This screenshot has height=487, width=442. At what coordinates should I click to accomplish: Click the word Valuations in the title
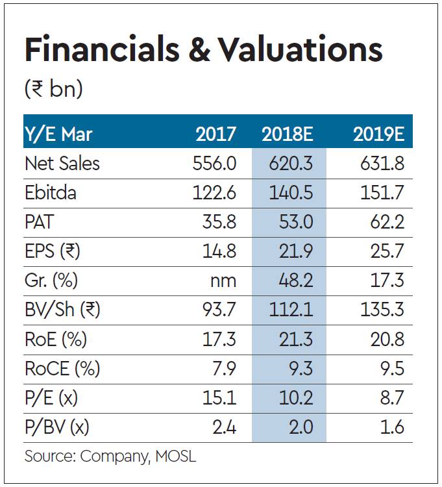coord(301,51)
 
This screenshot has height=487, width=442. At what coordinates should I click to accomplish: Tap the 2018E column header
coord(288,134)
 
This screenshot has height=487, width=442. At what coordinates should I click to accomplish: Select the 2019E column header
coord(379,134)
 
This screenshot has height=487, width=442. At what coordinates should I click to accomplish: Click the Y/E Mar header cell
coord(58,134)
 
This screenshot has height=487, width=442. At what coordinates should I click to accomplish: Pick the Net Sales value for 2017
coord(215,163)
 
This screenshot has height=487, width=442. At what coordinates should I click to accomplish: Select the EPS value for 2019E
coord(387,252)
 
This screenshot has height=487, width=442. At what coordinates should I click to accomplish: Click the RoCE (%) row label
coord(62,369)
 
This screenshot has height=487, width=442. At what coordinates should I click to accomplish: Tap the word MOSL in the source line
coord(175,456)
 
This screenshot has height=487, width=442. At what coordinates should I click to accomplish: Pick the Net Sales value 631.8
coord(382,163)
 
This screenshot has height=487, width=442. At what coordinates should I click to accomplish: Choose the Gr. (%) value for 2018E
coord(295,281)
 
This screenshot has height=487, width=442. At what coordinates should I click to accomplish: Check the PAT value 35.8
coord(219,222)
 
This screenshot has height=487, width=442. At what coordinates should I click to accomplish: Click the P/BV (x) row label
coord(56,427)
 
